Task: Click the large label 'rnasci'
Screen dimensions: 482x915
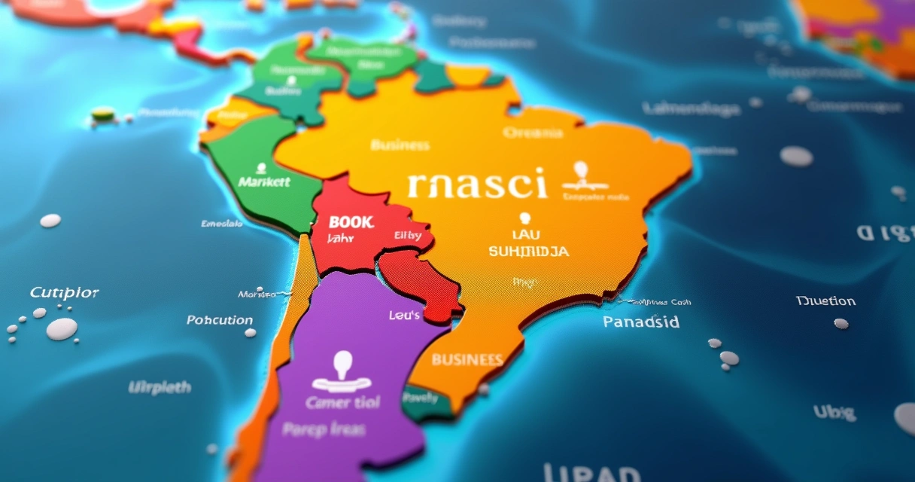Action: click(477, 184)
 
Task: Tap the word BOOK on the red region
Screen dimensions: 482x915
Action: click(351, 222)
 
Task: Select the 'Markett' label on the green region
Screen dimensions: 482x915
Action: click(263, 182)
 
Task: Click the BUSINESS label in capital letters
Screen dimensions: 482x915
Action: click(467, 359)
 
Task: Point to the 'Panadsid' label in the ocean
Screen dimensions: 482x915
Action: click(641, 322)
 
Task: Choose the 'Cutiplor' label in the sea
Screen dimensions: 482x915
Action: click(65, 292)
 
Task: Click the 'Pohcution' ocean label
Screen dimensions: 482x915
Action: click(220, 320)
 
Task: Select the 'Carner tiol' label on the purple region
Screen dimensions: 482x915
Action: click(343, 402)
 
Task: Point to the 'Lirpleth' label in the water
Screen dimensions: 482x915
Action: click(160, 388)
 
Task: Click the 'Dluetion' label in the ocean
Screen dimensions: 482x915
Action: click(825, 301)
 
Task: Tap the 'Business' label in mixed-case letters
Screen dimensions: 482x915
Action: click(400, 145)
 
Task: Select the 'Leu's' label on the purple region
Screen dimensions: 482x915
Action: click(404, 315)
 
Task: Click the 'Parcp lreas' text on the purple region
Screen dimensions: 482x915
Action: click(324, 429)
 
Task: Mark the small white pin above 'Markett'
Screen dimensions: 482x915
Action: click(261, 167)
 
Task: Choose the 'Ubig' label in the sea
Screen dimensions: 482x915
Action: click(834, 412)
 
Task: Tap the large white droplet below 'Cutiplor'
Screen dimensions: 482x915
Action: click(62, 328)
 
